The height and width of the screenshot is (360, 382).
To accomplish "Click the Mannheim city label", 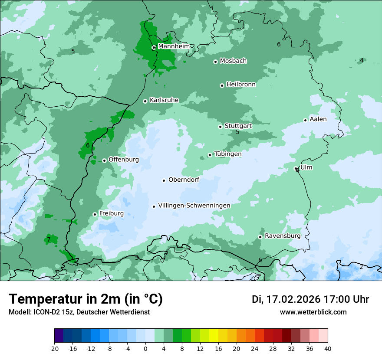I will (174, 46).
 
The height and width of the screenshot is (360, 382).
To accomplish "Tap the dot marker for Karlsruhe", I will (145, 101).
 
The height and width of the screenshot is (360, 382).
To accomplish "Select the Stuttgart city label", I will (238, 126).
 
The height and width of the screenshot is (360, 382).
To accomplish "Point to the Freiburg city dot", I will (95, 214).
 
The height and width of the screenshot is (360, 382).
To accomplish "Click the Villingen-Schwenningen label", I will (194, 206).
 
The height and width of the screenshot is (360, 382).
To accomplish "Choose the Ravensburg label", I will (283, 236).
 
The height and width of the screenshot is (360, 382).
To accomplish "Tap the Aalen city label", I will (318, 119).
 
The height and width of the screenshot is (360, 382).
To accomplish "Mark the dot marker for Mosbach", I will (215, 62).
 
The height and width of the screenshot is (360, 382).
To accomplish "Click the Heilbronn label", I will (241, 85).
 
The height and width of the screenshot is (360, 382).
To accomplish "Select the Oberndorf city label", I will (184, 180).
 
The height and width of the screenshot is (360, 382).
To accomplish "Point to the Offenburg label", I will (124, 160).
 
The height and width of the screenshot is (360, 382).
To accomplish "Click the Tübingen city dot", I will (210, 155).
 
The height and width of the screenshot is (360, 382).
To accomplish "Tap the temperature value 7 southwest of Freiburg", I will (49, 239).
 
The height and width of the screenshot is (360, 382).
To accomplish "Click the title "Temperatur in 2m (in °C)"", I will (86, 299).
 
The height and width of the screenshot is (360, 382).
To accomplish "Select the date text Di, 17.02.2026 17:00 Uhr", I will (310, 299).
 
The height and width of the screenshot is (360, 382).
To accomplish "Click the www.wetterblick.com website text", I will (313, 312).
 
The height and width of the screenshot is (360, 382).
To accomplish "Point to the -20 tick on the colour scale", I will (54, 348).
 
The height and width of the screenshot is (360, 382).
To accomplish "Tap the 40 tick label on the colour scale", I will (328, 348).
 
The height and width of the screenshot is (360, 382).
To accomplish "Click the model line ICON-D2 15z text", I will (79, 312).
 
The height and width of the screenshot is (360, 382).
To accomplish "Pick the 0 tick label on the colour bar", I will (145, 348).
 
